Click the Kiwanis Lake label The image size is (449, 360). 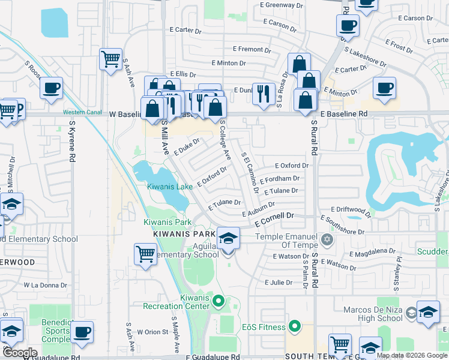pos(170,187)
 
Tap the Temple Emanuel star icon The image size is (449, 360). pos(327,240)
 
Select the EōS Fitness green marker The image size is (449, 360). pos(294,327)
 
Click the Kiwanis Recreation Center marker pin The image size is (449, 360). pos(218,301)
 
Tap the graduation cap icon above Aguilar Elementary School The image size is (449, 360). pos(228,239)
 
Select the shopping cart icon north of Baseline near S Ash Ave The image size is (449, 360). pos(110,59)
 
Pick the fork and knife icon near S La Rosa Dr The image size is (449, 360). pos(264,93)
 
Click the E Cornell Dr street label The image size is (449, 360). pos(274,220)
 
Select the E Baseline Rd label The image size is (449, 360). pos(343,113)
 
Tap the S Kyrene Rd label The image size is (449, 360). pos(71,141)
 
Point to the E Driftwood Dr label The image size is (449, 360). pos(347,209)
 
